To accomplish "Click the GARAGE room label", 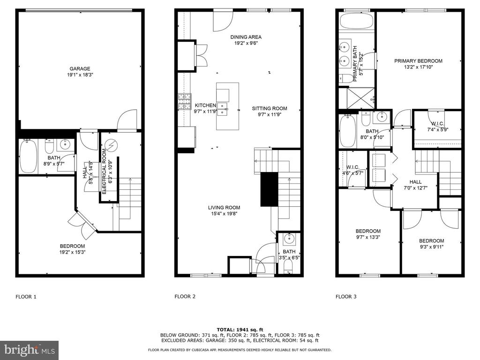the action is coord(80,69).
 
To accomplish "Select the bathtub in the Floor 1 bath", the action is coord(29,156).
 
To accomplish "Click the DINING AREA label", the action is coord(246,37).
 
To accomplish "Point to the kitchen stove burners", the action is coord(185,101).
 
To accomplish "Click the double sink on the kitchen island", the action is coord(223,109).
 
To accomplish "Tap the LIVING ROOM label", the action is coord(224,208).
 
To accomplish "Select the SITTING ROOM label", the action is coord(270,108).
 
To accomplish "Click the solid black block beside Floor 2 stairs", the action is coord(269,189).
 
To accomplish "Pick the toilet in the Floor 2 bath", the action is coord(288,270).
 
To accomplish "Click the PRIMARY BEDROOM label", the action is coord(418,61).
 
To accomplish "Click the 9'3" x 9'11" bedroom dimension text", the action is coord(432,247).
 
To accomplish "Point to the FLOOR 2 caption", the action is coord(185,296).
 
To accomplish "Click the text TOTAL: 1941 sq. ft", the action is coord(240,330).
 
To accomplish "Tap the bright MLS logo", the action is coord(30,350).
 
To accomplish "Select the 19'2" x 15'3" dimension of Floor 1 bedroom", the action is coord(72,252).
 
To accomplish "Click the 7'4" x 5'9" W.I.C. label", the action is coord(438,129).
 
